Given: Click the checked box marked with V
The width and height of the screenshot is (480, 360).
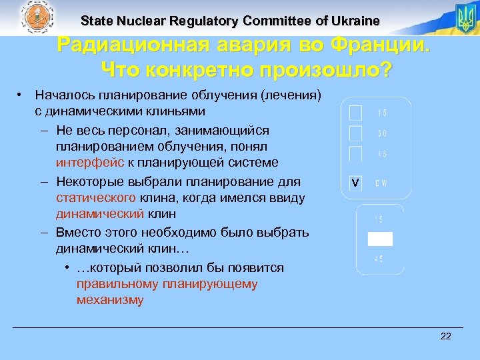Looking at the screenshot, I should (356, 183).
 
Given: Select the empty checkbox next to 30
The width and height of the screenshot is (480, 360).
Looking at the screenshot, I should (356, 133).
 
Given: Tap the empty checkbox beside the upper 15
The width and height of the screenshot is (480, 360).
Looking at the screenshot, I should (356, 111).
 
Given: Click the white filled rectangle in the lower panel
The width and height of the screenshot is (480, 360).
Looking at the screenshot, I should (380, 239).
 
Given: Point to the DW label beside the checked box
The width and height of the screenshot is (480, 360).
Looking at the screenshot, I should (381, 183).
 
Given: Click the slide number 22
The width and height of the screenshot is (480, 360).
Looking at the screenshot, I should (446, 336).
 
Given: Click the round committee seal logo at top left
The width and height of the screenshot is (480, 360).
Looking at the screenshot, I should (38, 17).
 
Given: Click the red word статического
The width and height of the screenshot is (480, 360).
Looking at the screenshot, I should (97, 198).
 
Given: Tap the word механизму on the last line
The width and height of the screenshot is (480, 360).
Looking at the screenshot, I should (110, 300).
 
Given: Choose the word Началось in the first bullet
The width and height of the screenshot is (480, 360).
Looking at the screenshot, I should (63, 96).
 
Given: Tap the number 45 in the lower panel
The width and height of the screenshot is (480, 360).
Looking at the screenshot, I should (378, 259).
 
